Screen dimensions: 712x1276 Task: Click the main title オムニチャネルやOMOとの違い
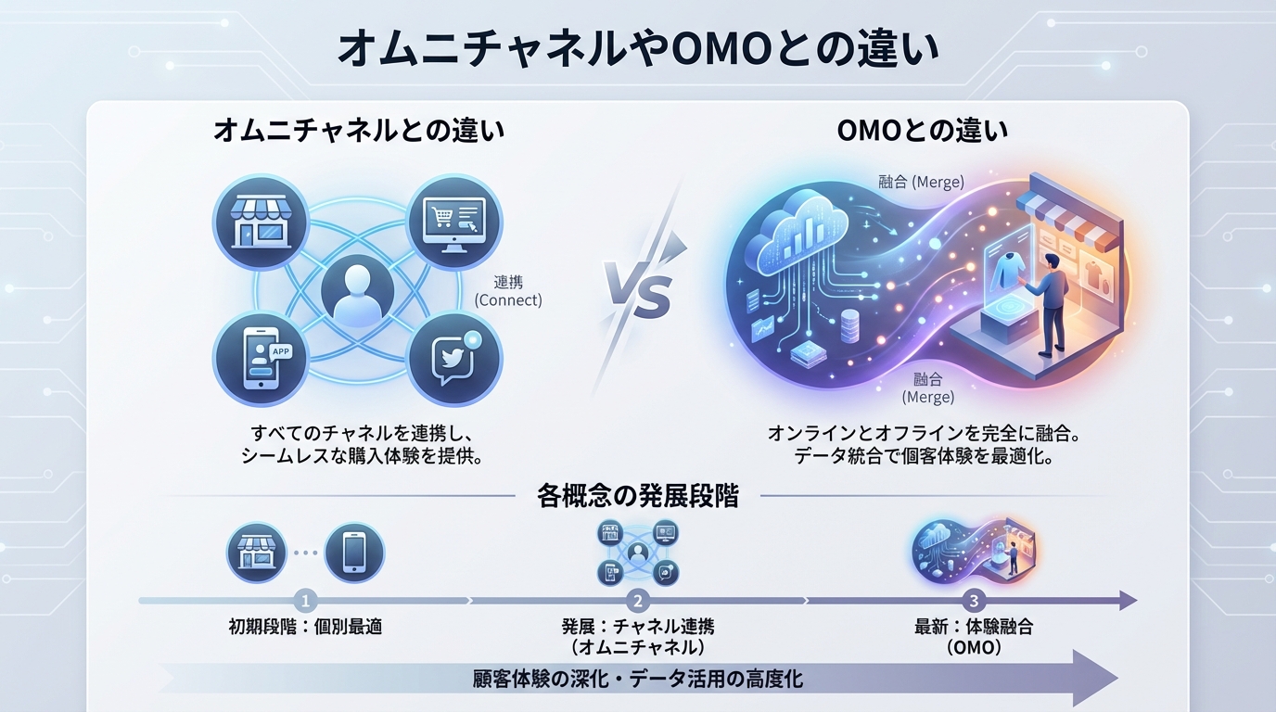pyautogui.click(x=638, y=51)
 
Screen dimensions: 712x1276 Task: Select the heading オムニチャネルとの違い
pyautogui.click(x=359, y=130)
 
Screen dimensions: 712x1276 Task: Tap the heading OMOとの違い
pyautogui.click(x=922, y=130)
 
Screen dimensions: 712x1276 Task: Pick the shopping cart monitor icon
pyautogui.click(x=453, y=222)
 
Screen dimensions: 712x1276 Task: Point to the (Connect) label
pyautogui.click(x=508, y=300)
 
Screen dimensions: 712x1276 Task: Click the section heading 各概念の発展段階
pyautogui.click(x=638, y=496)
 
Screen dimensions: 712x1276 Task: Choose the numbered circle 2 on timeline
pyautogui.click(x=637, y=600)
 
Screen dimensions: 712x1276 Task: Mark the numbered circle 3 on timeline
pyautogui.click(x=973, y=600)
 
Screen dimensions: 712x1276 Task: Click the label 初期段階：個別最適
pyautogui.click(x=305, y=627)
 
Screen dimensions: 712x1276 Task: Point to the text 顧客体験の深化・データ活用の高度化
pyautogui.click(x=638, y=680)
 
